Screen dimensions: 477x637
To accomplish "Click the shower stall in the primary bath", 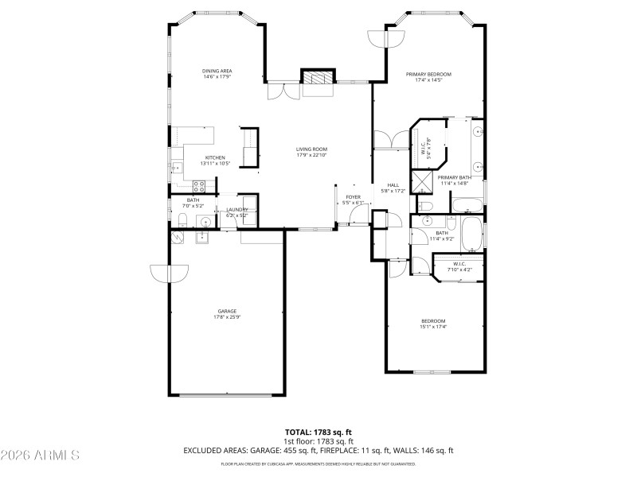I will pos(420,180).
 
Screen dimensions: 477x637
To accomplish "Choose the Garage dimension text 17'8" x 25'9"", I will pos(227,317).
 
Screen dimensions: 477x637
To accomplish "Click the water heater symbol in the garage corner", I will pos(176,236).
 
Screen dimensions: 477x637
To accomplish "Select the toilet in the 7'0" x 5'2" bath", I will pos(182,220).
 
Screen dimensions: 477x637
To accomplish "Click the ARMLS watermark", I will pos(40,456).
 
